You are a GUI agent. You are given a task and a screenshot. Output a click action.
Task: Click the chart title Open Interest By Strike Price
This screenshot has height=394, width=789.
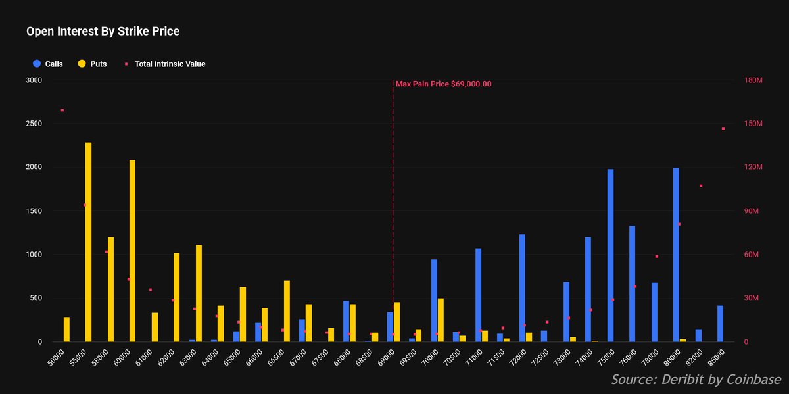pyautogui.click(x=103, y=31)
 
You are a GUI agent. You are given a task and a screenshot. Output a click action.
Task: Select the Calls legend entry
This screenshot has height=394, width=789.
pyautogui.click(x=47, y=64)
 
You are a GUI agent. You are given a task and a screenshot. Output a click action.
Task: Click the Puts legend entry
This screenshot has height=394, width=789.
pyautogui.click(x=92, y=64)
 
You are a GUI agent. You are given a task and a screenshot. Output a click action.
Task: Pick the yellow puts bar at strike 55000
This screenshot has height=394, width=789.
pyautogui.click(x=89, y=242)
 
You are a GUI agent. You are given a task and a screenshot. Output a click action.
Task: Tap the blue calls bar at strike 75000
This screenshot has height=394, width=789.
pyautogui.click(x=610, y=255)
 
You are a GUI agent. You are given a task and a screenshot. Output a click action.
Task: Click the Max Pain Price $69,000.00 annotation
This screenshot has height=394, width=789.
pyautogui.click(x=443, y=84)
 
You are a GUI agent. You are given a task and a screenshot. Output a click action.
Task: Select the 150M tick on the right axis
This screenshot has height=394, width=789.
pyautogui.click(x=753, y=124)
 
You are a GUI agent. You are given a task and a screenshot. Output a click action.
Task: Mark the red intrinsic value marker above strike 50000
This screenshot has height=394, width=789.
pyautogui.click(x=62, y=111)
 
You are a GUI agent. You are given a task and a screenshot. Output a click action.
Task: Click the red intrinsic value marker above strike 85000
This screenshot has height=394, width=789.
pyautogui.click(x=723, y=129)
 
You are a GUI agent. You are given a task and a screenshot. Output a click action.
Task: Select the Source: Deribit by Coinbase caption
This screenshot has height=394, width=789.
pyautogui.click(x=696, y=380)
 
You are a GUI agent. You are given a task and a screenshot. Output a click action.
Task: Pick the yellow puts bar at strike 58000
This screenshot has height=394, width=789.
pyautogui.click(x=110, y=289)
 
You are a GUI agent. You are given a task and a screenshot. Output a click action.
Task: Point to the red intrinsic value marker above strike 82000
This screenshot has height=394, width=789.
pyautogui.click(x=701, y=186)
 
